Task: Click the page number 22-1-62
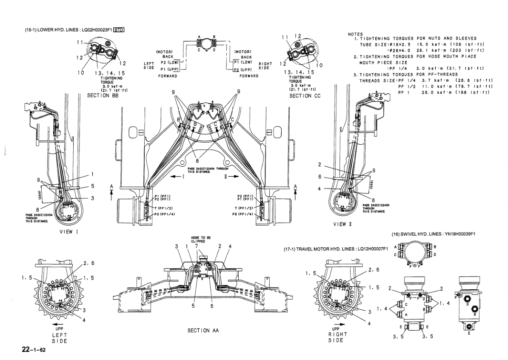pyautogui.click(x=34, y=350)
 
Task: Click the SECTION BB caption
pyautogui.click(x=103, y=96)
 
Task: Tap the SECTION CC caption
pyautogui.click(x=305, y=96)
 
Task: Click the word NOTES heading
pyautogui.click(x=356, y=34)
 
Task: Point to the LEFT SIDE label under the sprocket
pyautogui.click(x=59, y=338)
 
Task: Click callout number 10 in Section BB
pyautogui.click(x=81, y=72)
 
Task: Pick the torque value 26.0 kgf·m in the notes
pyautogui.click(x=431, y=93)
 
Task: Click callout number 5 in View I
pyautogui.click(x=92, y=186)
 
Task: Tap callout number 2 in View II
pyautogui.click(x=319, y=164)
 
